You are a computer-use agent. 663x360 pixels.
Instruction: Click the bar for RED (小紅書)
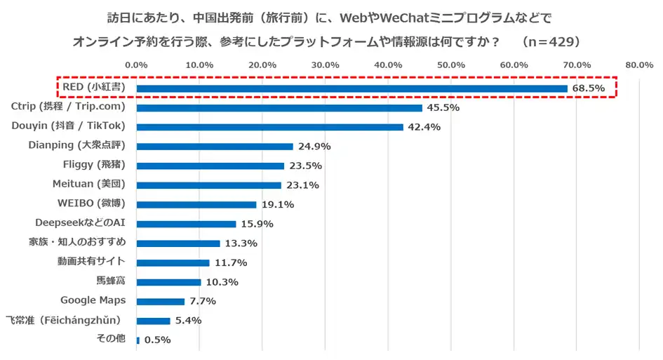[351, 88]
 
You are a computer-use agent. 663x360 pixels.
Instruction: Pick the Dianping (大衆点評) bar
[214, 147]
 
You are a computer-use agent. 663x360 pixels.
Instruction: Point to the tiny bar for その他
[138, 340]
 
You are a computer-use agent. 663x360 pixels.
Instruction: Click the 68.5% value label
[587, 88]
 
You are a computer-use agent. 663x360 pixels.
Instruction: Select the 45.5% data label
[442, 108]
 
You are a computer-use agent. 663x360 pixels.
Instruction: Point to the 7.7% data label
[201, 302]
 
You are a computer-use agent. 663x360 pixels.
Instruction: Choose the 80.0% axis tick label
[639, 65]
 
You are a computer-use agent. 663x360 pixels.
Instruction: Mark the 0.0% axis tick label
[135, 65]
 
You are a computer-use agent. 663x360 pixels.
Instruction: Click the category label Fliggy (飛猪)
[94, 165]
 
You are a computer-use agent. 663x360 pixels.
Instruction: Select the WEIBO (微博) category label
[91, 204]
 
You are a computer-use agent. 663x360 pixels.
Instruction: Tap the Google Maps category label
[93, 300]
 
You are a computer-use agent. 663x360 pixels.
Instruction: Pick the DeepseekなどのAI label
[80, 223]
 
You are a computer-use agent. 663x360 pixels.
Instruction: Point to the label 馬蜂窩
[111, 281]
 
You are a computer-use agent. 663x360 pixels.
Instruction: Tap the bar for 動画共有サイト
[173, 262]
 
